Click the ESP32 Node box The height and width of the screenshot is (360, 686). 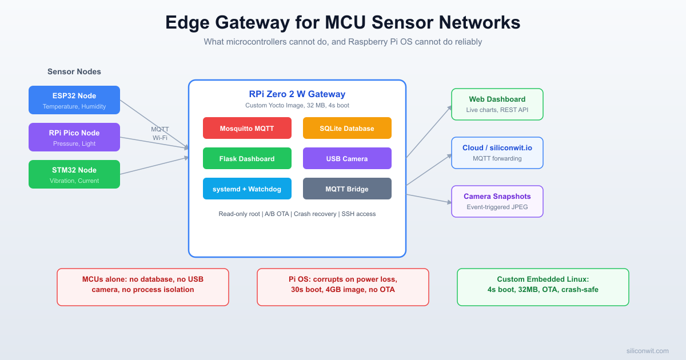(74, 100)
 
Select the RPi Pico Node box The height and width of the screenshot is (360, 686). (74, 137)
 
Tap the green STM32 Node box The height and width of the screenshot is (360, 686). (74, 174)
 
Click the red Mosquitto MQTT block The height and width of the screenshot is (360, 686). (247, 128)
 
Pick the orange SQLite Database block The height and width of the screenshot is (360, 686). (347, 128)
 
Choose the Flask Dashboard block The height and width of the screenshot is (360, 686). (247, 158)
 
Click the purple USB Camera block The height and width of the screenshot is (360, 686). (347, 158)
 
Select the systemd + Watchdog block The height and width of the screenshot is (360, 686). (247, 189)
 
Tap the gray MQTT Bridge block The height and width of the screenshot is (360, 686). (347, 189)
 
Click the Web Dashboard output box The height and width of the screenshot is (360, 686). (497, 104)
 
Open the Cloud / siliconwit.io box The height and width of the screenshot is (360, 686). (497, 153)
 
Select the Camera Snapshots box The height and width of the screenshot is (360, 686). (497, 201)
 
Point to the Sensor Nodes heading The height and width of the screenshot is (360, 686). (74, 72)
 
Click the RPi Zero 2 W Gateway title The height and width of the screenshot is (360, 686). (297, 94)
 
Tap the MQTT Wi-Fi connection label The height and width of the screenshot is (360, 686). (160, 134)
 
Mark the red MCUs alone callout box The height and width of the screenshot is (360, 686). (143, 287)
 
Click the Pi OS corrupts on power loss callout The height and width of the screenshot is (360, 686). (342, 287)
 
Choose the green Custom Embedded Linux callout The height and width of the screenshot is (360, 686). (543, 287)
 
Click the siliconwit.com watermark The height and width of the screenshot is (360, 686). (647, 351)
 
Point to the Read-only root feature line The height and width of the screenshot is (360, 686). (297, 214)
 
